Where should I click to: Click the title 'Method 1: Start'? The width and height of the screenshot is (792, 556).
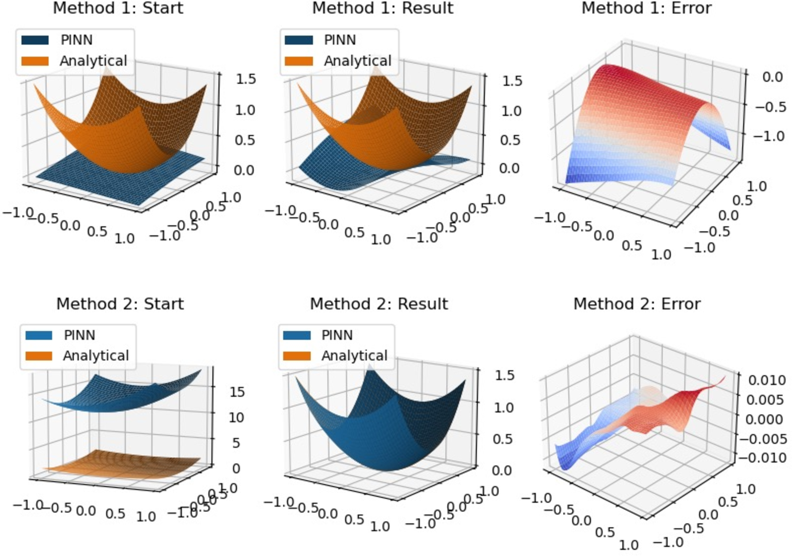point(118,8)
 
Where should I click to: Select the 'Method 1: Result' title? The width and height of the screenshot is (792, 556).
point(382,8)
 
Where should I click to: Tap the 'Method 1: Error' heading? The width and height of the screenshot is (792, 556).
point(646,8)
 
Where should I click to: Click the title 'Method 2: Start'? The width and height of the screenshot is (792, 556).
point(120,304)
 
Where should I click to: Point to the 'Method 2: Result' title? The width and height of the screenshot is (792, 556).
point(379,304)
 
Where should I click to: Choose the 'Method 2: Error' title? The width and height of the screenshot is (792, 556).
point(637,304)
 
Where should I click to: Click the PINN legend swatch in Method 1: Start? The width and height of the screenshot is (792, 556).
point(35,40)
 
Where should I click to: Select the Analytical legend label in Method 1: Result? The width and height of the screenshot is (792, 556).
point(357,61)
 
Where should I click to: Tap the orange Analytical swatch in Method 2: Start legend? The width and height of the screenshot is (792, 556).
point(39,355)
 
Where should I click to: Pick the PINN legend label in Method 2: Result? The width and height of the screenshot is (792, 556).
point(337,335)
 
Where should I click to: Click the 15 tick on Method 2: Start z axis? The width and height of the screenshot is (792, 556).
point(237,392)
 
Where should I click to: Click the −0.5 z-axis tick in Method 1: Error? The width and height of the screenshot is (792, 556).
point(771,107)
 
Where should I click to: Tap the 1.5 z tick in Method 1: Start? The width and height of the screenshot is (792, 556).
point(246,79)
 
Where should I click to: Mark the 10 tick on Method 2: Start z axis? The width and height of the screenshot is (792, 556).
point(237,418)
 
